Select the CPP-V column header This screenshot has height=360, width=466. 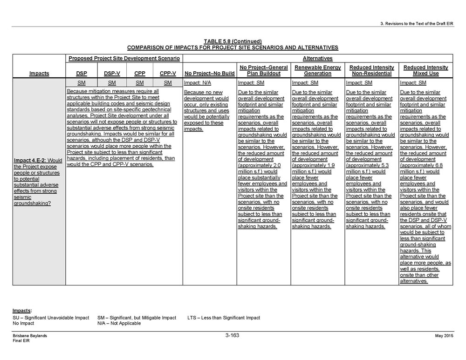point(168,73)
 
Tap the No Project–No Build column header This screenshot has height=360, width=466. point(210,73)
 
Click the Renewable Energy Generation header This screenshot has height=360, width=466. point(317,70)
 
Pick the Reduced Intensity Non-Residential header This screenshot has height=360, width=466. point(372,70)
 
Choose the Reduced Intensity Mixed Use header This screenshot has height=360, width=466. point(426,70)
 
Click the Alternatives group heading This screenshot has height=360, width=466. point(317,58)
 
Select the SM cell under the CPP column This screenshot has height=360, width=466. point(139,82)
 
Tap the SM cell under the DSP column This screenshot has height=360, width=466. point(81,82)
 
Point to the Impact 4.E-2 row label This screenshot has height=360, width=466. point(39,182)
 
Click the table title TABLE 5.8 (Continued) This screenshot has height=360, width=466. point(233,41)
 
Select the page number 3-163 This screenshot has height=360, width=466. point(232,335)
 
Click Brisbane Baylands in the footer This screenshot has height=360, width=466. point(30,336)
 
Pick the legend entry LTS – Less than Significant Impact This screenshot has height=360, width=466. point(224,318)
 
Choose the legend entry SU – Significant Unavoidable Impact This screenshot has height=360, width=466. point(51,318)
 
